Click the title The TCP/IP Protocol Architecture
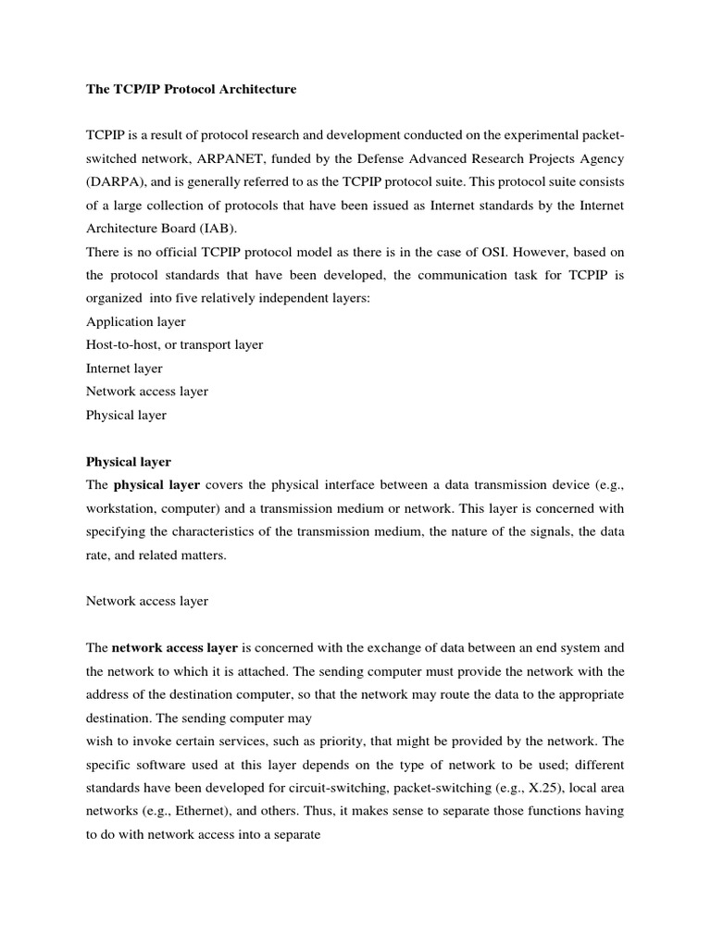(191, 90)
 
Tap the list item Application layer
(135, 321)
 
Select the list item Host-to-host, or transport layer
(174, 344)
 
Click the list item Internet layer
(124, 368)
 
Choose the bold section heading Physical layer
(128, 461)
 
